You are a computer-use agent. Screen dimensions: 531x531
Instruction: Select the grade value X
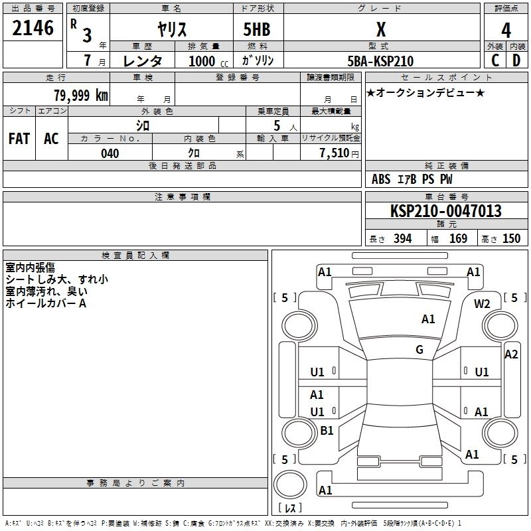coord(381,29)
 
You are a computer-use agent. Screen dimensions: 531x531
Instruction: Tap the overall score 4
coord(506,31)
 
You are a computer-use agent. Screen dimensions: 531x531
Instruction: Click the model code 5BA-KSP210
coord(380,61)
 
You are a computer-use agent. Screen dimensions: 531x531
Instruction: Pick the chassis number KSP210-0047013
coord(445,211)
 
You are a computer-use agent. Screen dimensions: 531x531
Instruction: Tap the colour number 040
coord(110,153)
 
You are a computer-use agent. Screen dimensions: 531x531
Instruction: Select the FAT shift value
coord(19,139)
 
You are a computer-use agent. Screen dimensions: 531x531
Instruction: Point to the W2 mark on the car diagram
coord(482,304)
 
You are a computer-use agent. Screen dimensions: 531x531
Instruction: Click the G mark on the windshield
coord(419,350)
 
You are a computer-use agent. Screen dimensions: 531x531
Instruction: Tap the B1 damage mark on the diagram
coord(327,431)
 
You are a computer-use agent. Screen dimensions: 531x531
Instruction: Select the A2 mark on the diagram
coord(511,354)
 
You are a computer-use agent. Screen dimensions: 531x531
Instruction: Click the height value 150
coord(511,239)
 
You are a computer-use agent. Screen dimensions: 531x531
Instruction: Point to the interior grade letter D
coord(516,60)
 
